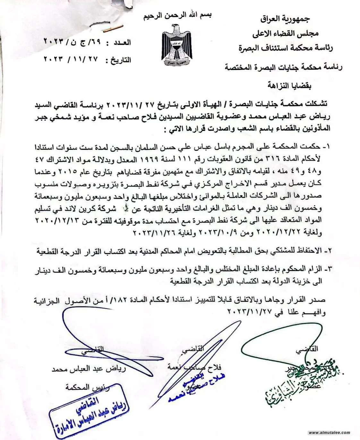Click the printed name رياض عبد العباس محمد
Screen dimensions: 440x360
tap(89, 369)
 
